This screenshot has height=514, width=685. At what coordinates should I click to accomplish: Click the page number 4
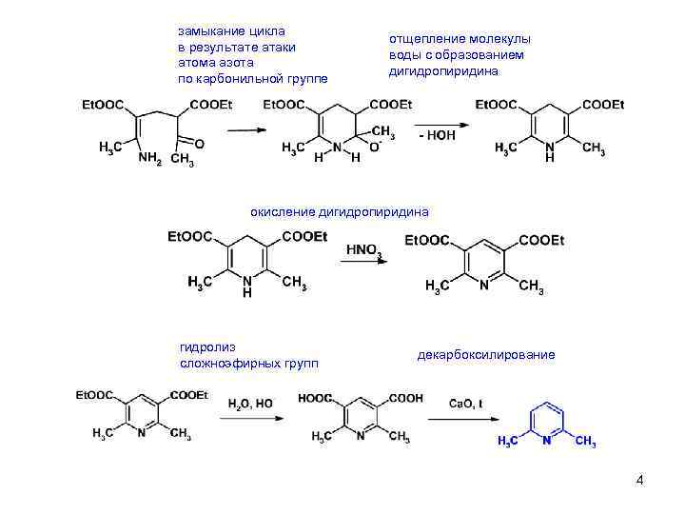(x=639, y=480)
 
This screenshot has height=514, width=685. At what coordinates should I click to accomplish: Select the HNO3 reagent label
(x=363, y=249)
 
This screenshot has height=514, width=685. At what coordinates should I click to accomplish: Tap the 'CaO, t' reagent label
(x=467, y=404)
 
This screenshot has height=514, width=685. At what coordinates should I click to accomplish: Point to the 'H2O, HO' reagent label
(x=250, y=404)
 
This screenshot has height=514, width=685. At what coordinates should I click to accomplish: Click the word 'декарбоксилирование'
(x=485, y=355)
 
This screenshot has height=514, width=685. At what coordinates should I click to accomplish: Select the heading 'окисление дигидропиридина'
(x=340, y=211)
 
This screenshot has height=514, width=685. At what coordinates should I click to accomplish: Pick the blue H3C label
(x=510, y=442)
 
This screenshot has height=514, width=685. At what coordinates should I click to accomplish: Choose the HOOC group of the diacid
(x=315, y=398)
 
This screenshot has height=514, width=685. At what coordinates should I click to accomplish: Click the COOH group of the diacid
(x=404, y=398)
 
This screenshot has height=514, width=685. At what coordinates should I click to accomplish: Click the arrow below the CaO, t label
(x=468, y=420)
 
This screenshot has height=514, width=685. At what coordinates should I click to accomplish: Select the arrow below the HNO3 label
(x=364, y=264)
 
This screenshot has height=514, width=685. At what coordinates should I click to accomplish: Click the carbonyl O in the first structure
(x=200, y=143)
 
